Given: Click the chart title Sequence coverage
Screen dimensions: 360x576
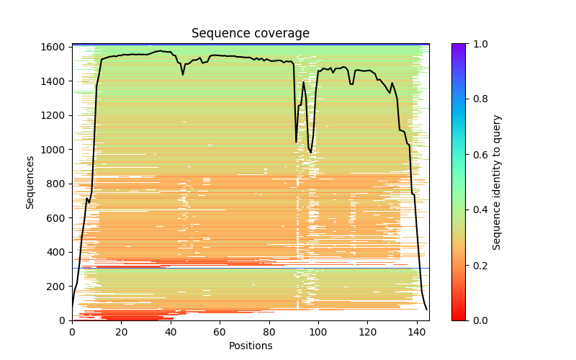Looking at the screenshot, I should [251, 34].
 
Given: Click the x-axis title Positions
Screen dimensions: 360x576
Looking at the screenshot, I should [251, 346].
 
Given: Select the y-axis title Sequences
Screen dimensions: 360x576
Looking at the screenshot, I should [30, 182].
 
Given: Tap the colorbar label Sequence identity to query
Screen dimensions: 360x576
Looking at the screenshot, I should [497, 182].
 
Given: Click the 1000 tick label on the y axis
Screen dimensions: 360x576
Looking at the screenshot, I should [56, 150].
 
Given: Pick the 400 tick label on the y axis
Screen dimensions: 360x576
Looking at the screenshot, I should [59, 252].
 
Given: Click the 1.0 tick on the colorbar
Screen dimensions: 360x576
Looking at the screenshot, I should [466, 44].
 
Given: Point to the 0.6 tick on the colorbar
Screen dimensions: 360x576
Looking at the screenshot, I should [466, 154].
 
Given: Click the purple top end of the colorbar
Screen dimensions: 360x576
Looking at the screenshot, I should [459, 45].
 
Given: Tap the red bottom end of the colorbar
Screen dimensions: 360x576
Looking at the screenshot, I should [459, 318].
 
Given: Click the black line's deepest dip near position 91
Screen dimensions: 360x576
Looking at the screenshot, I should [296, 142].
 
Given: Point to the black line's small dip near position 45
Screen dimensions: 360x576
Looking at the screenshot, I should [183, 74].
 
